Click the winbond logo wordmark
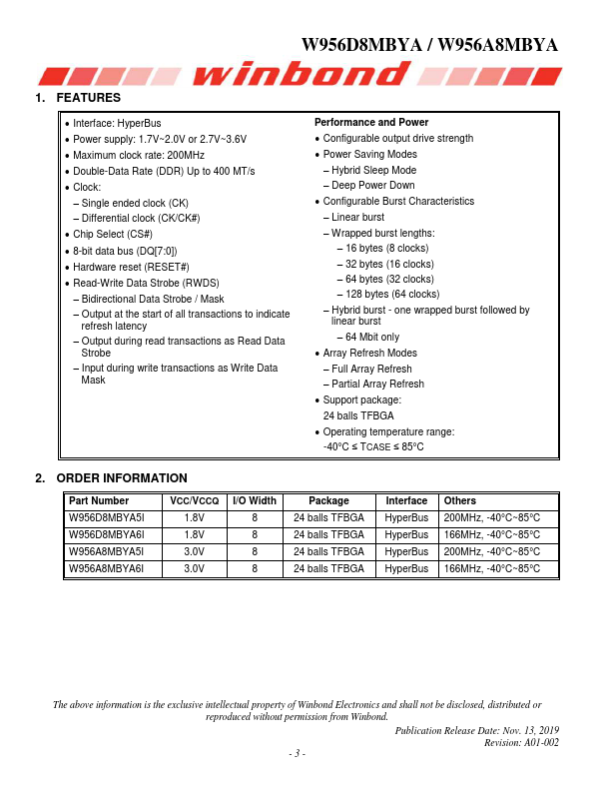(304, 74)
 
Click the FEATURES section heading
(88, 98)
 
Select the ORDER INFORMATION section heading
(121, 478)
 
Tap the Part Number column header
(98, 501)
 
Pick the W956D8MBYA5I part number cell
(107, 518)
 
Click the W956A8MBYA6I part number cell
(107, 568)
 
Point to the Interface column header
(406, 501)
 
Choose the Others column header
(460, 501)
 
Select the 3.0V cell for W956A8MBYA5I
(194, 551)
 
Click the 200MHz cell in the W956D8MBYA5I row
(491, 518)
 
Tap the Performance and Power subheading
(371, 123)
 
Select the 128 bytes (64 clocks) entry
(391, 295)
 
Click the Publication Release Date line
(477, 731)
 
